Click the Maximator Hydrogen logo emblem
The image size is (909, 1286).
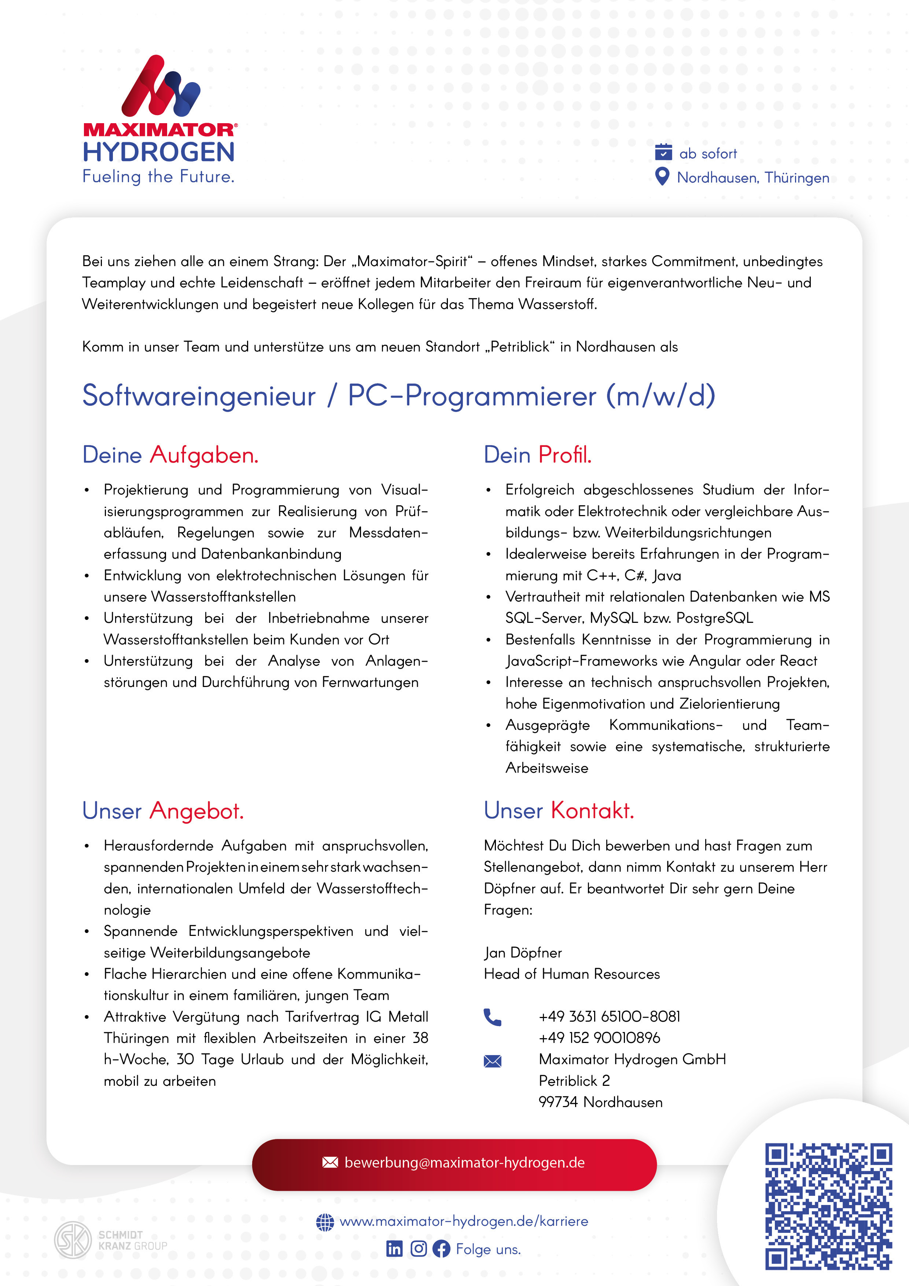(161, 86)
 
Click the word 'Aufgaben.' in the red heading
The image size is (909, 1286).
(204, 455)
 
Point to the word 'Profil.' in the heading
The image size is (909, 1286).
(564, 455)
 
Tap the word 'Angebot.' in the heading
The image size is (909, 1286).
(196, 811)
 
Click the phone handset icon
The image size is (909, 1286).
(492, 1017)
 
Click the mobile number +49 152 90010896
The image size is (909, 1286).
(599, 1038)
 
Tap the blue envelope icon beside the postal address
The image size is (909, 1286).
(492, 1061)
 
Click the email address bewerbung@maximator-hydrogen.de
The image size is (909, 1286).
(464, 1163)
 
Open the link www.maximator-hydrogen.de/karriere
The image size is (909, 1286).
(464, 1221)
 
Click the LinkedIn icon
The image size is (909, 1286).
(394, 1249)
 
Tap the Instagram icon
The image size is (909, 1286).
(418, 1249)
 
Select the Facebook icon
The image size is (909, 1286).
(441, 1249)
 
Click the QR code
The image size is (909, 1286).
(828, 1206)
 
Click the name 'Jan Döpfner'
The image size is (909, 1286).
(523, 953)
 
